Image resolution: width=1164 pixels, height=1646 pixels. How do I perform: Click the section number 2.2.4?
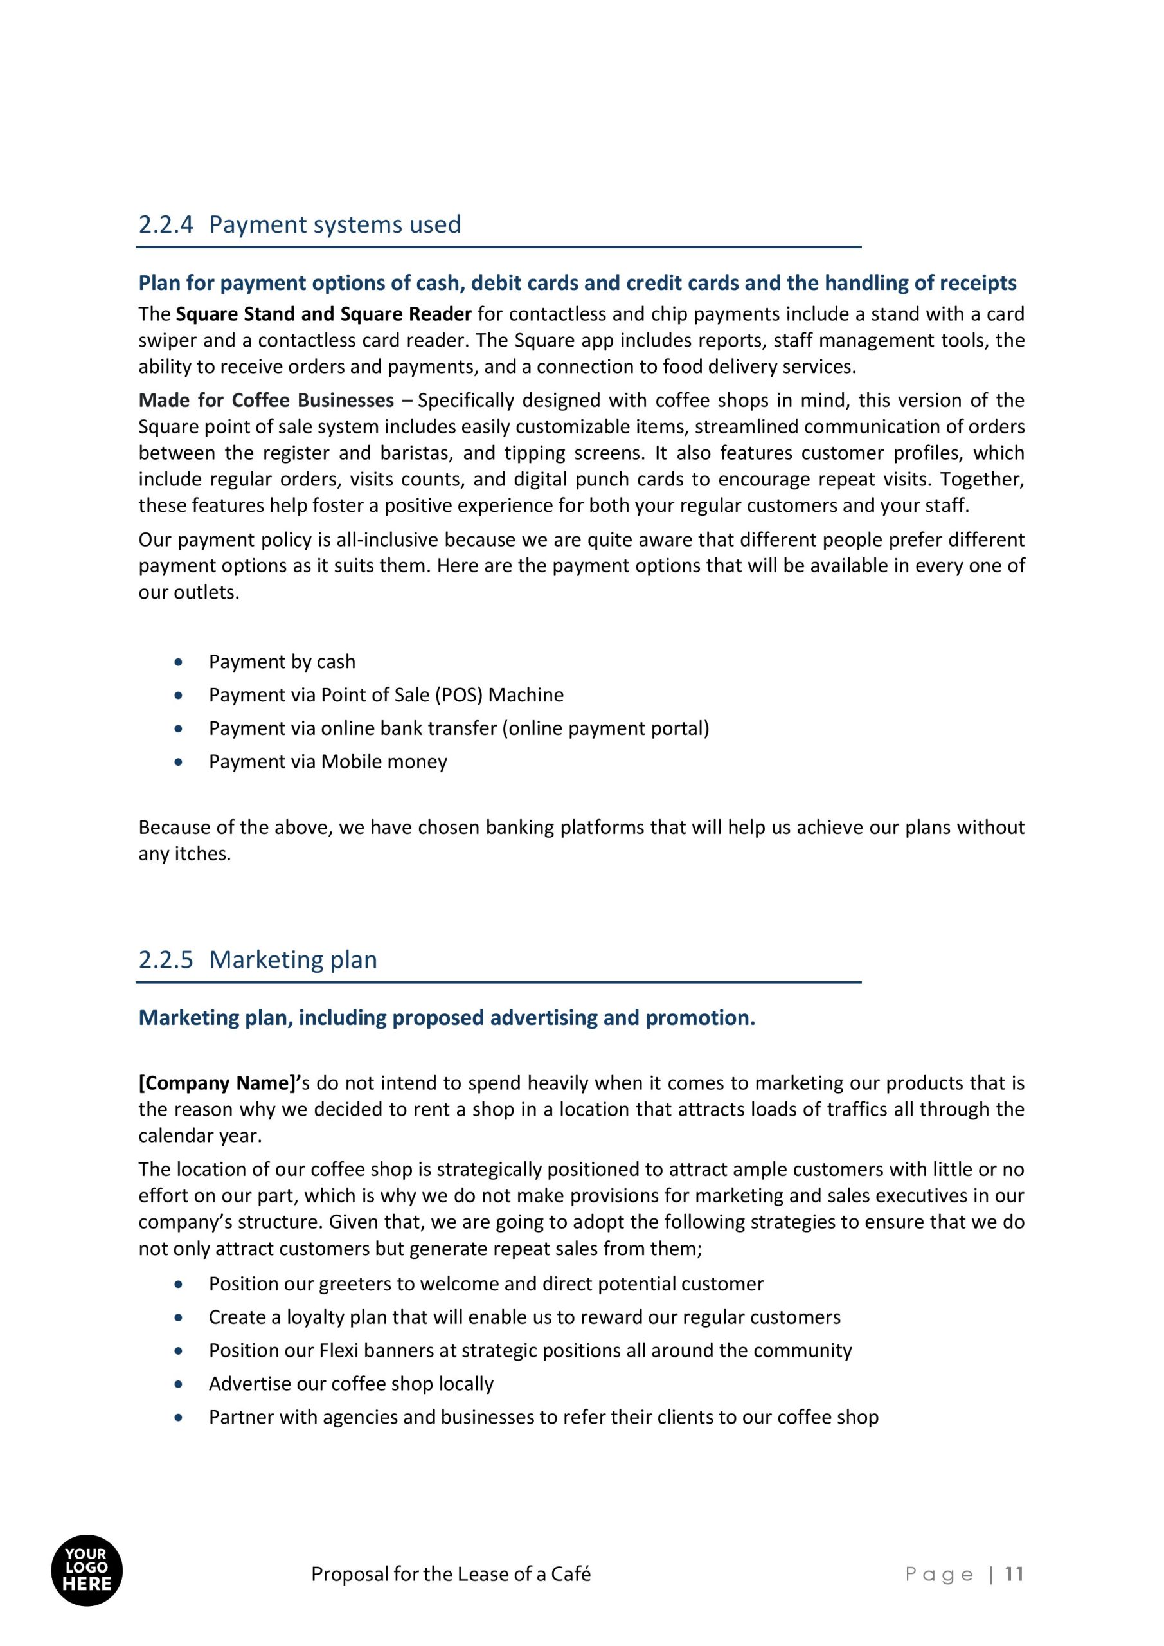pos(166,225)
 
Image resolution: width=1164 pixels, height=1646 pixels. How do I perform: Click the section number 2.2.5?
pos(166,960)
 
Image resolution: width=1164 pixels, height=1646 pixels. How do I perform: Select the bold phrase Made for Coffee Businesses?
pos(266,400)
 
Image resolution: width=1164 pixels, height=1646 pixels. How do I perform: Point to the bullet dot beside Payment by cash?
pos(179,662)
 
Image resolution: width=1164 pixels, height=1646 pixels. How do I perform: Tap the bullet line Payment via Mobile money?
pos(328,761)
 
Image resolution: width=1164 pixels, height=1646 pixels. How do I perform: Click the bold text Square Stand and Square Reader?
pos(323,314)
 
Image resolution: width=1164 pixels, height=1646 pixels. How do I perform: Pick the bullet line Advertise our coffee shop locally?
pos(350,1384)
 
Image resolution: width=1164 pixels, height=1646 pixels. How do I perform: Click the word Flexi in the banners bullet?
pos(338,1351)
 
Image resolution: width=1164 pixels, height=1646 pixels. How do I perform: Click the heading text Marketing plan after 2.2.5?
pos(292,960)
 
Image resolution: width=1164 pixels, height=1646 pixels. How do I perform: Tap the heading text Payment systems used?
pos(335,225)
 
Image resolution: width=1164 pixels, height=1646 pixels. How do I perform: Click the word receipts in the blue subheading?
pos(977,283)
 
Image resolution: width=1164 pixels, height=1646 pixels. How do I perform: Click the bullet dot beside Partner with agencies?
pos(179,1417)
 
